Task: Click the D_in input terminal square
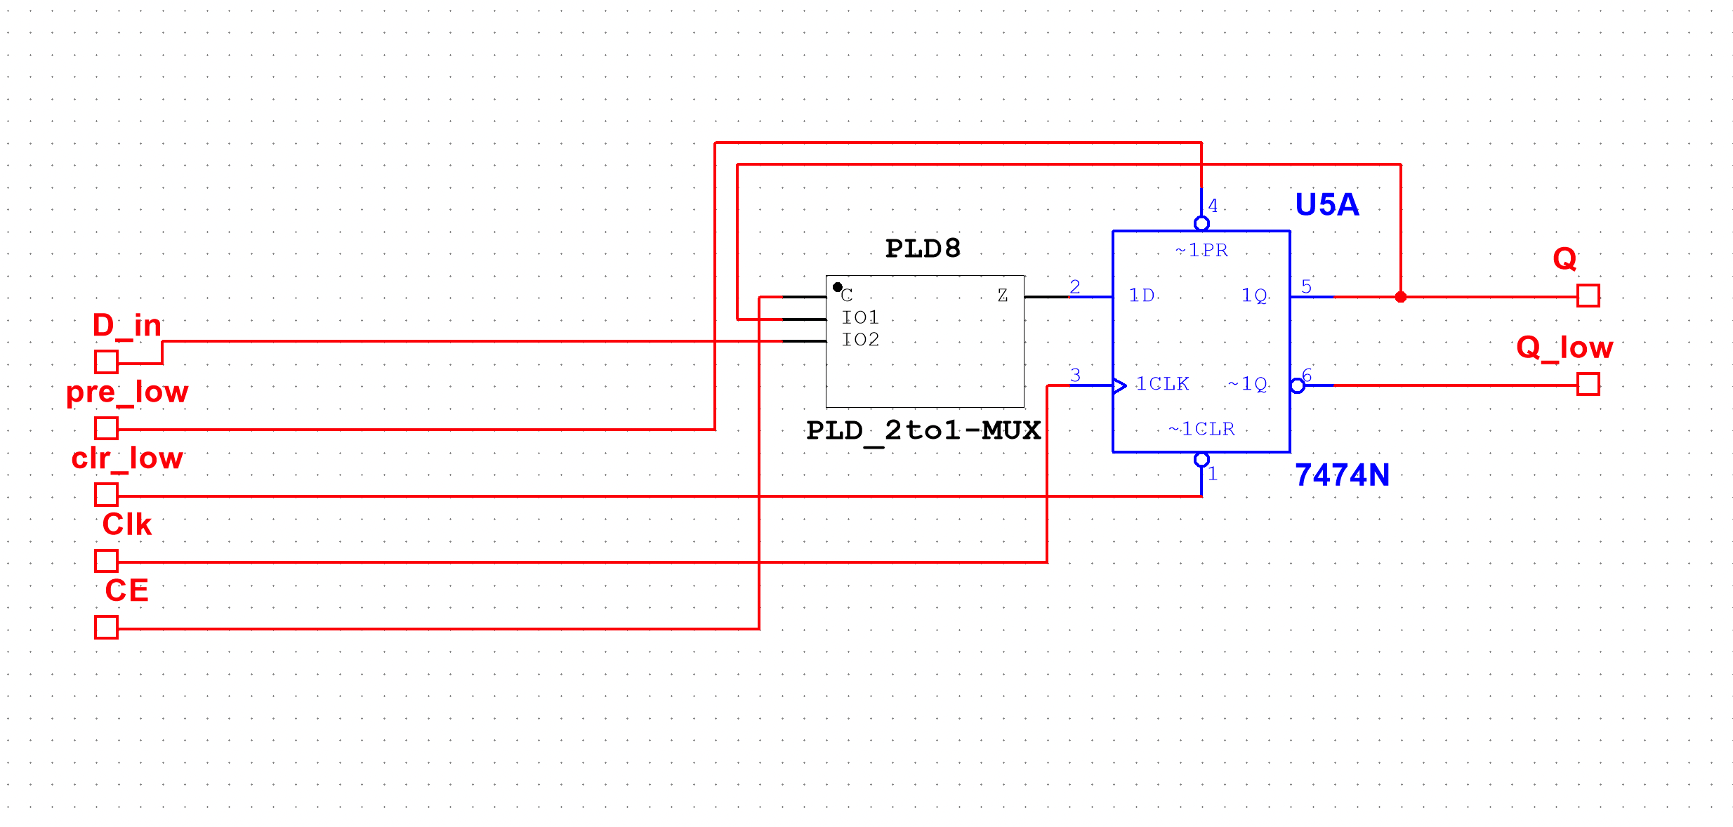(x=106, y=362)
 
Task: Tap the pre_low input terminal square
(x=106, y=428)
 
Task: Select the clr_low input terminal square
(x=106, y=494)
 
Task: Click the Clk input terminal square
(x=106, y=560)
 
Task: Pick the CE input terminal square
(x=106, y=627)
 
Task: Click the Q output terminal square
(x=1588, y=296)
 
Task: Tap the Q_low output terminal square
(x=1588, y=384)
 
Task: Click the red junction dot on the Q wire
(x=1401, y=297)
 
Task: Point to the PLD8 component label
(x=923, y=249)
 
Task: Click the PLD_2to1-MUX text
(x=923, y=430)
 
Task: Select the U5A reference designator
(x=1327, y=204)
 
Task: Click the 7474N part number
(x=1342, y=475)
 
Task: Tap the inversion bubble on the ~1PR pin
(x=1201, y=223)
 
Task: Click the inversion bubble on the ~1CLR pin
(x=1201, y=460)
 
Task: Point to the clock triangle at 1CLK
(x=1120, y=385)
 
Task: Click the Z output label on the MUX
(x=1003, y=296)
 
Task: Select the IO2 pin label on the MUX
(x=860, y=340)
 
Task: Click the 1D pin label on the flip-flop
(x=1142, y=296)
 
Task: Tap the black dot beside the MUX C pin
(x=838, y=287)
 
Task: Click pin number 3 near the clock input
(x=1075, y=375)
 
